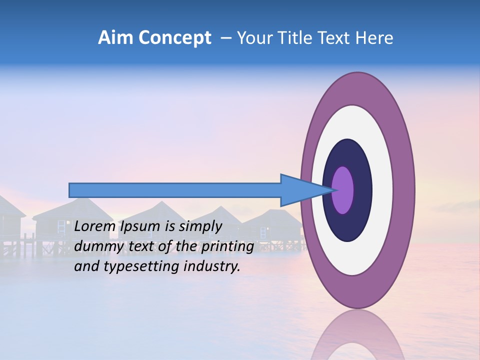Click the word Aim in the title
pos(115,38)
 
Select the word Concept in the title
pos(174,38)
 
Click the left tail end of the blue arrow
pos(70,190)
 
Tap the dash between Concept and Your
pos(226,38)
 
